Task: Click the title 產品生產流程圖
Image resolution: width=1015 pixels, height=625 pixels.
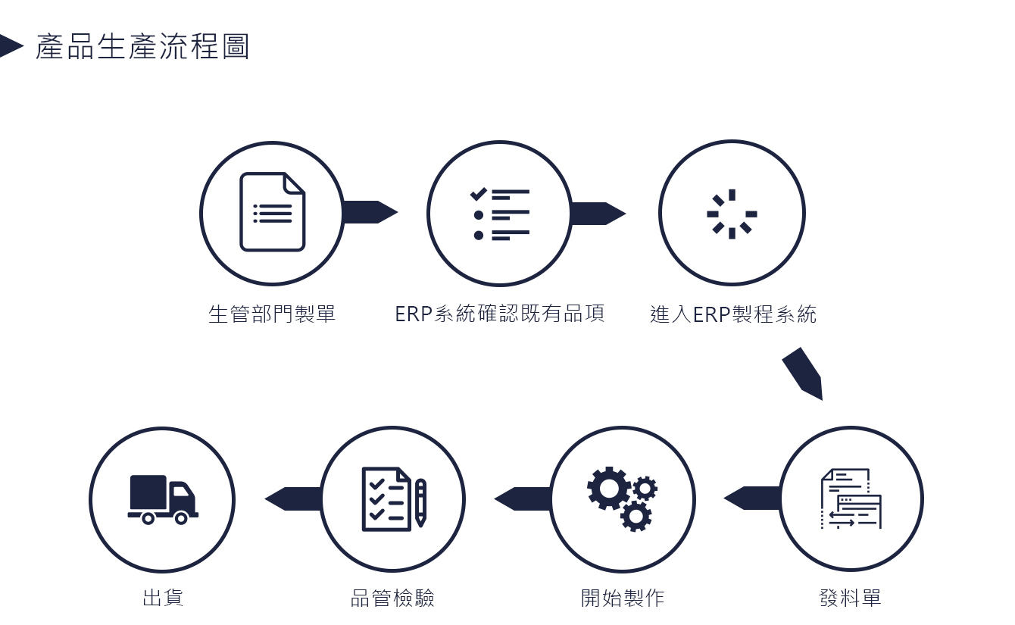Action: pyautogui.click(x=142, y=46)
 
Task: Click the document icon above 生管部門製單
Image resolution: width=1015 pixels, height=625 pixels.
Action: pyautogui.click(x=273, y=211)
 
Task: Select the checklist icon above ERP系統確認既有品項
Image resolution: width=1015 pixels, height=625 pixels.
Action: pyautogui.click(x=499, y=214)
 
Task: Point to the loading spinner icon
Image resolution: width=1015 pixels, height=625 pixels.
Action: pyautogui.click(x=732, y=214)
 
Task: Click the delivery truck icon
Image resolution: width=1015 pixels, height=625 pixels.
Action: pyautogui.click(x=163, y=499)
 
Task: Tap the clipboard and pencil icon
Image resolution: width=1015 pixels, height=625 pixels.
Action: pyautogui.click(x=394, y=499)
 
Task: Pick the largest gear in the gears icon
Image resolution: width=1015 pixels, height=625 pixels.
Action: pyautogui.click(x=609, y=489)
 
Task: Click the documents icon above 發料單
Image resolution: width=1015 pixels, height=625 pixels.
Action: pyautogui.click(x=851, y=498)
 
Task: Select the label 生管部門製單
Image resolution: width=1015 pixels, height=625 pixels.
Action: pyautogui.click(x=272, y=314)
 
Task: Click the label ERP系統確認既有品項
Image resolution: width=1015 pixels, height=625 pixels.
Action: pyautogui.click(x=500, y=314)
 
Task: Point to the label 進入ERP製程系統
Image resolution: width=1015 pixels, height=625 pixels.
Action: pyautogui.click(x=733, y=314)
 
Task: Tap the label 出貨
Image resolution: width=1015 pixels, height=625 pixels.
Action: pyautogui.click(x=163, y=598)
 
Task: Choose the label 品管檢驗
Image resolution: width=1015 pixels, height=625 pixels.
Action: pyautogui.click(x=392, y=598)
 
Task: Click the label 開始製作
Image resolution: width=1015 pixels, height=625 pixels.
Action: pyautogui.click(x=623, y=598)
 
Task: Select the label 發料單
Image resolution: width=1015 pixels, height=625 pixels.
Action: pyautogui.click(x=851, y=598)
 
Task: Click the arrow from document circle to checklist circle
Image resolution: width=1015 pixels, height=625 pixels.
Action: pyautogui.click(x=370, y=212)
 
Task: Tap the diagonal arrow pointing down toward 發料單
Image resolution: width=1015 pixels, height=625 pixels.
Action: pyautogui.click(x=803, y=373)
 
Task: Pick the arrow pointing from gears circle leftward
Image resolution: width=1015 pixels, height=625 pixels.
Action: pyautogui.click(x=523, y=499)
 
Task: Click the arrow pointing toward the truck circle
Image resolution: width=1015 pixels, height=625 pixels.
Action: pyautogui.click(x=293, y=499)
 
